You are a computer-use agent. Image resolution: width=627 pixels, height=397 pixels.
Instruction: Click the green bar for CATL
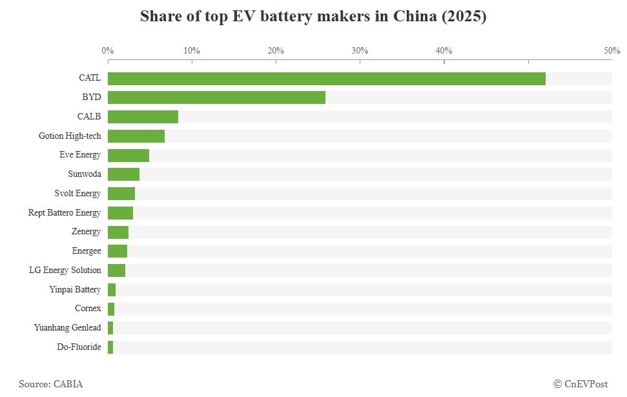point(326,79)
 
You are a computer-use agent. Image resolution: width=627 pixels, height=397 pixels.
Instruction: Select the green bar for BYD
point(216,97)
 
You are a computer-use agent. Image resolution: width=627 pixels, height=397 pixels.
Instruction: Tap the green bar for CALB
point(143,117)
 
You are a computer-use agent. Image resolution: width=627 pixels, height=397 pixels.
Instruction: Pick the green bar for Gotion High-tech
point(136,136)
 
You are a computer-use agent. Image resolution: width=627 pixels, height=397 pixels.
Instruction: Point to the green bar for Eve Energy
point(128,156)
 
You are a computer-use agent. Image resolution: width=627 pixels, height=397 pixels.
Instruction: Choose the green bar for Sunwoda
point(123,174)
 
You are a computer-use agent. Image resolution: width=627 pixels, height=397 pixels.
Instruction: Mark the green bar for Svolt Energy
point(121,194)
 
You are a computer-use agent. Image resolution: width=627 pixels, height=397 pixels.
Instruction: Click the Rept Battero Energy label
point(65,212)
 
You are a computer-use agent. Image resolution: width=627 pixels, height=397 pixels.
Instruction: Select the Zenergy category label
point(87,232)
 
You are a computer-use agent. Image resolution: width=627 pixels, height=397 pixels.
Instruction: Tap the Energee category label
point(87,250)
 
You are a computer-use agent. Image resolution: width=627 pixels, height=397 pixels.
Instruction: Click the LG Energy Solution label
point(65,270)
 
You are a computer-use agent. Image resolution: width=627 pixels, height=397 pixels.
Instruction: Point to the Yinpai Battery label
point(75,289)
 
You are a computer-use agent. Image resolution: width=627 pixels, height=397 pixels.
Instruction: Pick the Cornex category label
point(88,308)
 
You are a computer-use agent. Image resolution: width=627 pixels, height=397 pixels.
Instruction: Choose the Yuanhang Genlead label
point(68,327)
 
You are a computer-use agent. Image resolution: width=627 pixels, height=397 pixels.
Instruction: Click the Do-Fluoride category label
point(79,347)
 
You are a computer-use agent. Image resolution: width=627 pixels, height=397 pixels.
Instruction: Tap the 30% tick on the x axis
point(360,50)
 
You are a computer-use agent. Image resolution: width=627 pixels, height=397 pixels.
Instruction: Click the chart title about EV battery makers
point(313,17)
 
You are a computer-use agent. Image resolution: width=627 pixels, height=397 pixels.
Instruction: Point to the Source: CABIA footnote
point(51,384)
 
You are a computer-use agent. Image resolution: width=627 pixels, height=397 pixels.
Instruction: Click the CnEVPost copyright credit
point(581,384)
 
